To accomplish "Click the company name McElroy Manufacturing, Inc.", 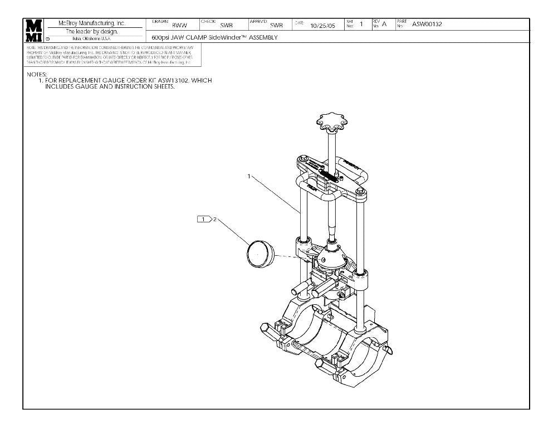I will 92,23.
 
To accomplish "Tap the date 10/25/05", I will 323,26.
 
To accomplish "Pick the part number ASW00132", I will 427,23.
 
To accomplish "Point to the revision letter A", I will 384,24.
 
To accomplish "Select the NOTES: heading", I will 37,74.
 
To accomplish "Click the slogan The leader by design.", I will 92,32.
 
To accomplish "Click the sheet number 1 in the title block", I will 361,24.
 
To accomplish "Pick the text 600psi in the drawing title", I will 161,38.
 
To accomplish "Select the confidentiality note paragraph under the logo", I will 110,56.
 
